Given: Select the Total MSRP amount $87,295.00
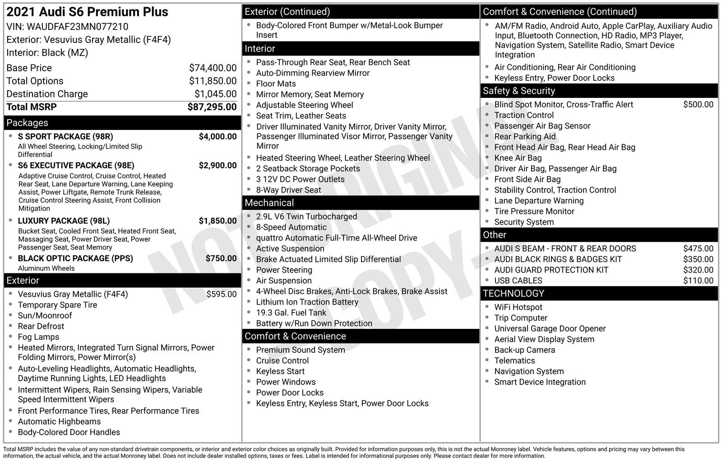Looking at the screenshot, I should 212,107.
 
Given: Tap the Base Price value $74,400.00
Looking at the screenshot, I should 213,68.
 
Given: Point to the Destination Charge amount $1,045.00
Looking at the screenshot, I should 215,94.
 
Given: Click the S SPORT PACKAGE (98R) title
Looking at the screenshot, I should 65,137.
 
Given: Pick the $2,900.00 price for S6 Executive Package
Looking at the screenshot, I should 218,165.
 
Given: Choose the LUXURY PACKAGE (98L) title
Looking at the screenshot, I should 64,221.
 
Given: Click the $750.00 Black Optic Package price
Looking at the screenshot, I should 221,258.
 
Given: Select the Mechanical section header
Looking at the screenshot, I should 269,203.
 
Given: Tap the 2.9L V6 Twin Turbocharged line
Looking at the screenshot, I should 306,217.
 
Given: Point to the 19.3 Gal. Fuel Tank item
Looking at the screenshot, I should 291,313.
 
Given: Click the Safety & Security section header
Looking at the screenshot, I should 518,91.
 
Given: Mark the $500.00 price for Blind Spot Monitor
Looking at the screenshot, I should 698,105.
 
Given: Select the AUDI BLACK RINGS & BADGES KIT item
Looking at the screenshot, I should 558,259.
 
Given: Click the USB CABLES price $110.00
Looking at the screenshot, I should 698,281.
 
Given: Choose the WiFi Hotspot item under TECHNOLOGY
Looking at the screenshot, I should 518,307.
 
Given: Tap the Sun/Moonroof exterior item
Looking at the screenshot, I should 45,315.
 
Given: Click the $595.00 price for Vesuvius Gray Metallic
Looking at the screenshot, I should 221,294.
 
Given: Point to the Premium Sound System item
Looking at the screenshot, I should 301,350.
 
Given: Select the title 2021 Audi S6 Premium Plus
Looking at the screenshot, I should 87,12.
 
